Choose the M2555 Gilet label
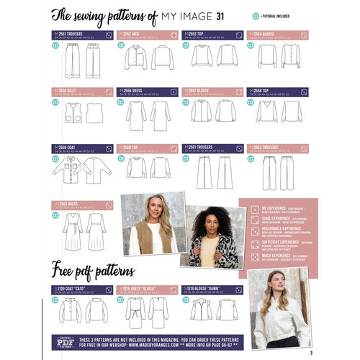(68, 91)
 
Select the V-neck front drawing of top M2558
(266, 112)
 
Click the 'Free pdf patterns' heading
(92, 271)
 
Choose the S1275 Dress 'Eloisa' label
(141, 288)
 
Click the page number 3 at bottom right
(310, 352)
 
